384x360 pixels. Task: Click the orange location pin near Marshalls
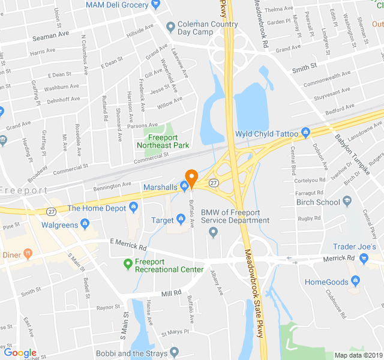[191, 178]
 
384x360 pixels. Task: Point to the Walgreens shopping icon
[85, 225]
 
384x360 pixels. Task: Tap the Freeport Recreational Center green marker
[127, 263]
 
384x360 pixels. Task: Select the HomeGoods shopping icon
[356, 280]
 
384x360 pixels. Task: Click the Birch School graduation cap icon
[347, 202]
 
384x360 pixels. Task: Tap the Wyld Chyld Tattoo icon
[306, 132]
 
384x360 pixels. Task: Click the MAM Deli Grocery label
[117, 5]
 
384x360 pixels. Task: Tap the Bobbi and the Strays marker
[174, 352]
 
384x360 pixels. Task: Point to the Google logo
[20, 352]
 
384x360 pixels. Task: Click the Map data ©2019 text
[357, 355]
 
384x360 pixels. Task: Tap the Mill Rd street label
[171, 293]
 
